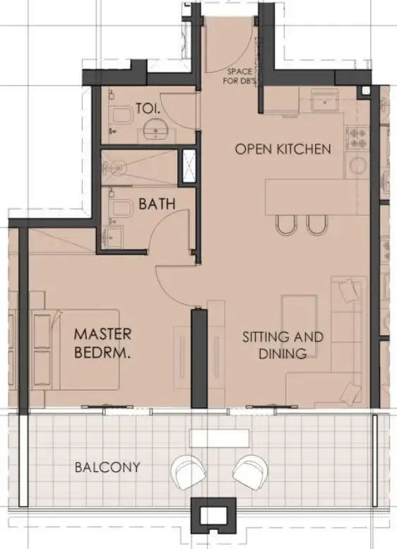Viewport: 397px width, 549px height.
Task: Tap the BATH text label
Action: tap(157, 204)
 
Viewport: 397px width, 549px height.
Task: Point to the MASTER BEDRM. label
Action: tap(102, 342)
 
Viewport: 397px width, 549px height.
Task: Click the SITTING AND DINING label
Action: tap(283, 345)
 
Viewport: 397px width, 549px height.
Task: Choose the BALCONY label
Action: tap(107, 467)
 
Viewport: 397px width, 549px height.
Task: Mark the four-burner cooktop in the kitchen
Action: tap(357, 137)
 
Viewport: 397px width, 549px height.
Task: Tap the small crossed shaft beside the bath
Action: tap(189, 167)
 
